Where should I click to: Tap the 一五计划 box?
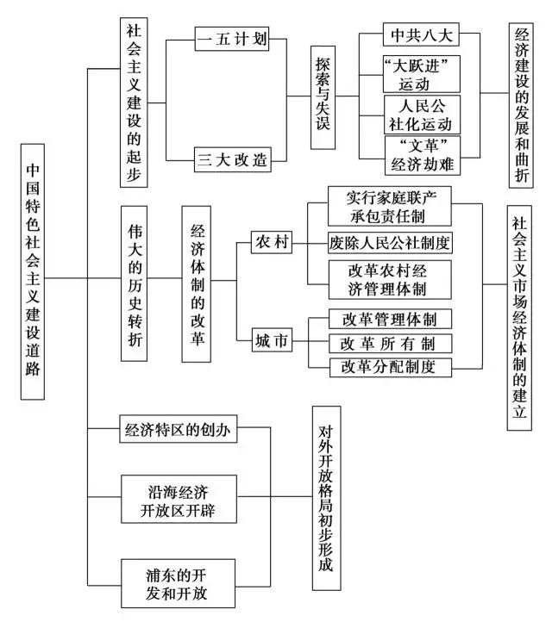(229, 40)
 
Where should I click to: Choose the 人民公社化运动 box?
(422, 114)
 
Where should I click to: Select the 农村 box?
(270, 243)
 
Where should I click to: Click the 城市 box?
(270, 341)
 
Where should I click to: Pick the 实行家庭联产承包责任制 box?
(389, 204)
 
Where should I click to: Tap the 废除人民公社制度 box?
(391, 242)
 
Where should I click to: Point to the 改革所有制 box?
(391, 343)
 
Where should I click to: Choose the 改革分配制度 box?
(391, 368)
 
